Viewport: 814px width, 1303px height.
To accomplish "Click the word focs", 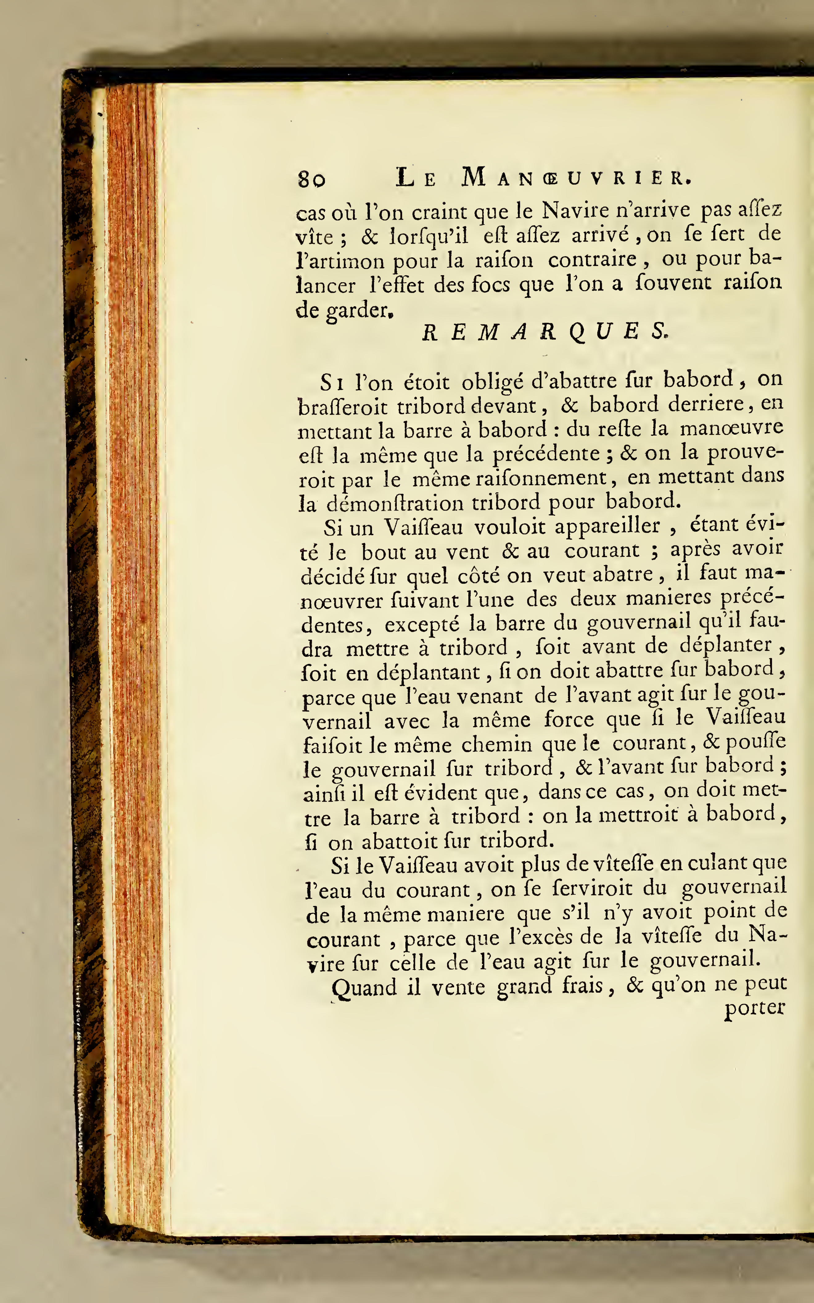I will click(x=491, y=284).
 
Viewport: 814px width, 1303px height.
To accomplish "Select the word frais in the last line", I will click(x=582, y=985).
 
